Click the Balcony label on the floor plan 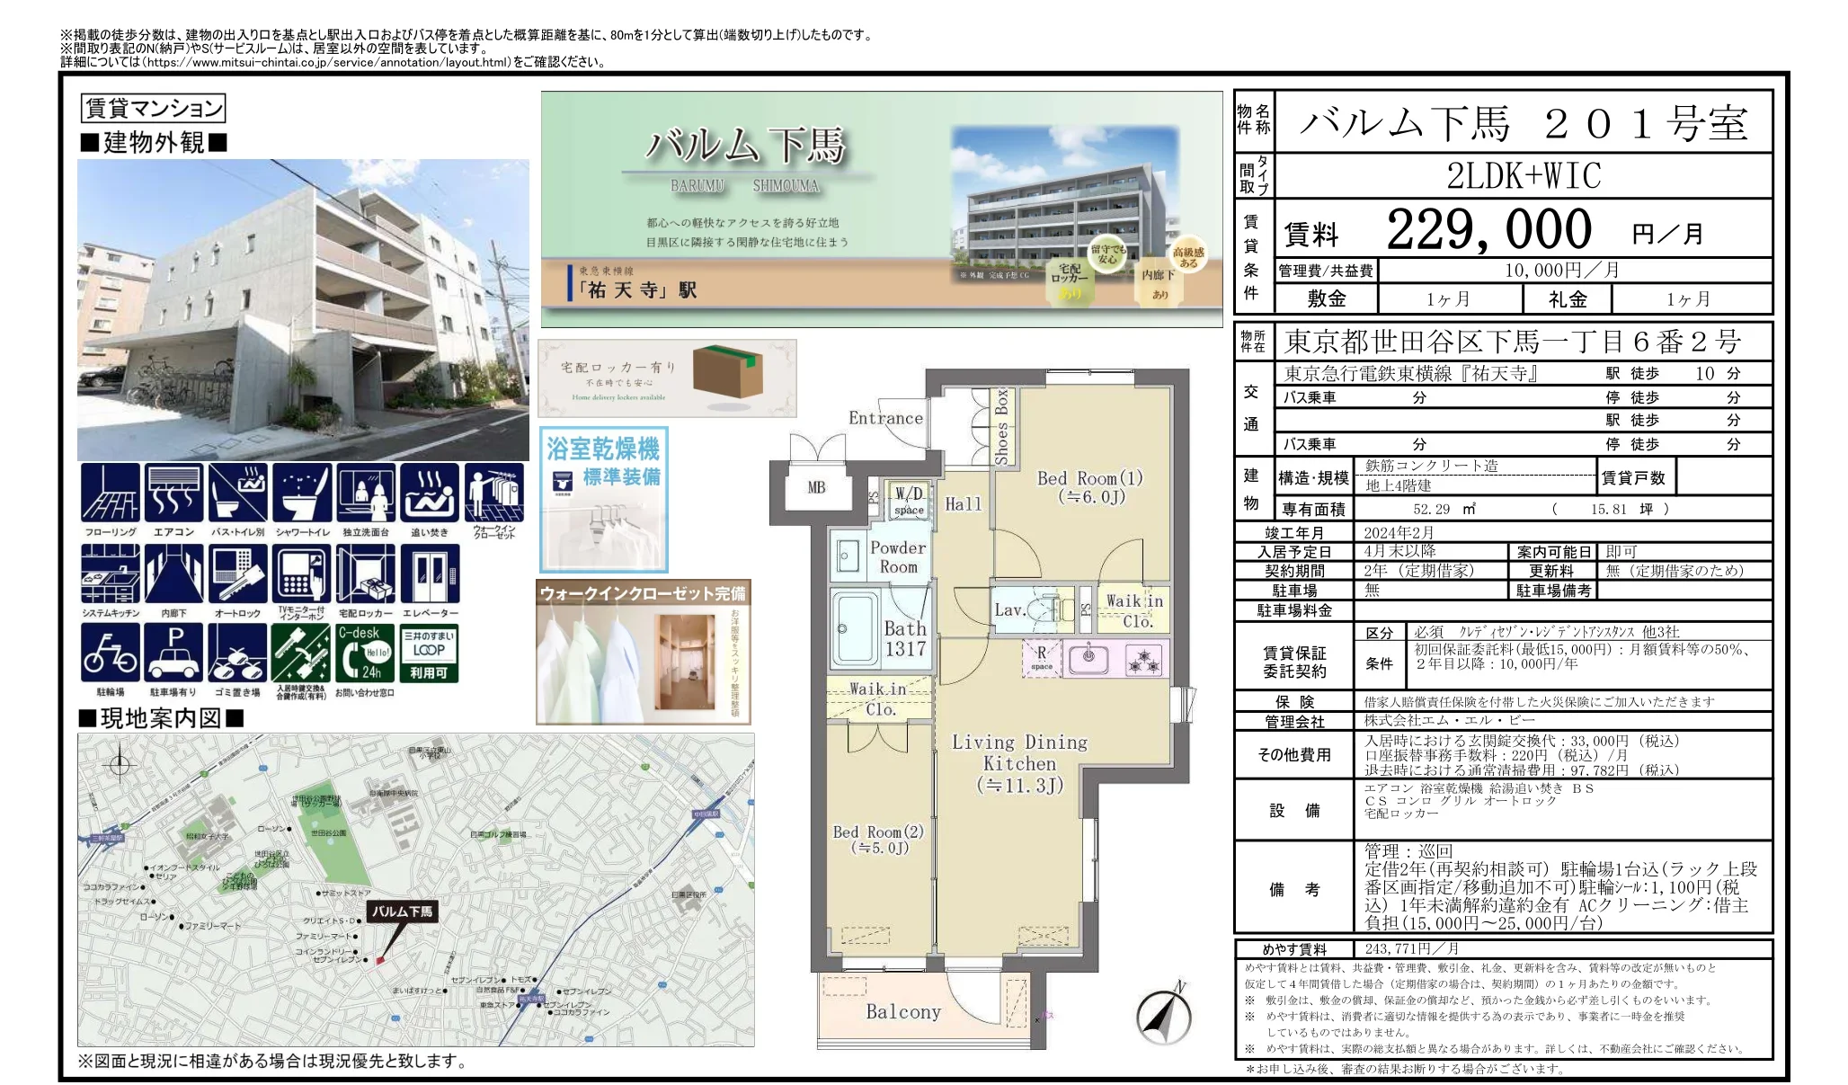[902, 1011]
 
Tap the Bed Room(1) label [1089, 486]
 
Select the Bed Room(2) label [877, 839]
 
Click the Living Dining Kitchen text [1019, 762]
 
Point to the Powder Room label [897, 557]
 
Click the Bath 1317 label [904, 638]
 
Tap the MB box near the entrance [815, 487]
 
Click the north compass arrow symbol [1164, 1016]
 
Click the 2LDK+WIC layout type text [1524, 176]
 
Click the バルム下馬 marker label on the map [402, 911]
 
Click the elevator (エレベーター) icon [430, 574]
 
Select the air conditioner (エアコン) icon [173, 493]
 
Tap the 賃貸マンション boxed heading [153, 109]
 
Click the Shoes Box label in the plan [1001, 426]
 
